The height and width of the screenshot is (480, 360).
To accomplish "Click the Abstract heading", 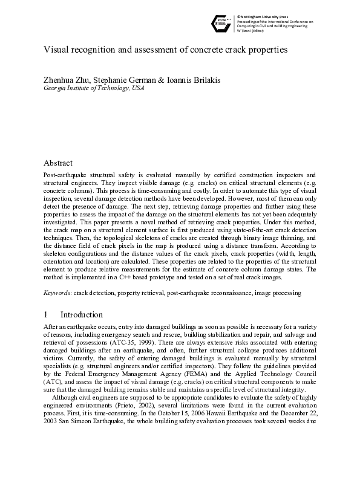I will (58, 163).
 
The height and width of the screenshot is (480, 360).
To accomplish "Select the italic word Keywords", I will (57, 293).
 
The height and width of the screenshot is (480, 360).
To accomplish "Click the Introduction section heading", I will (82, 314).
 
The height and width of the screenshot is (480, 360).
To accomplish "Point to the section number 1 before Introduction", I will (46, 314).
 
